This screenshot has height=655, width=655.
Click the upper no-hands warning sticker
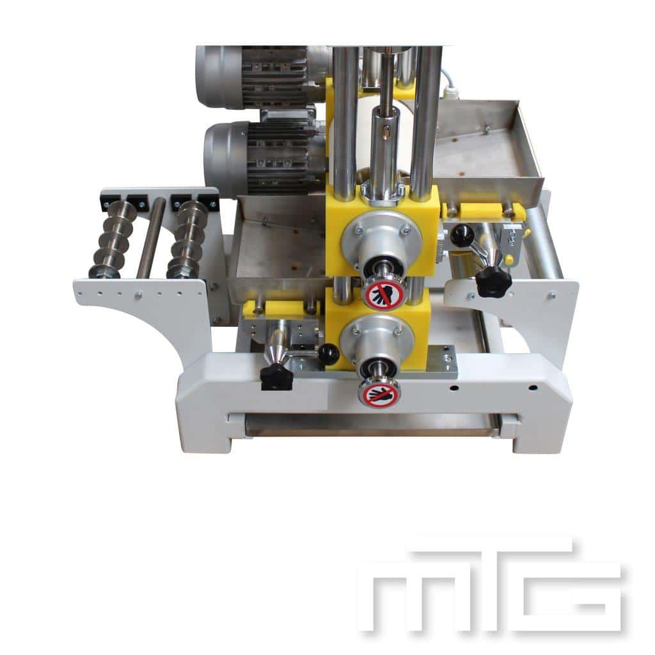(383, 294)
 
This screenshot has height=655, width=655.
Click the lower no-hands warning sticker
(379, 393)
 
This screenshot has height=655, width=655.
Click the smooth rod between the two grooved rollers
(151, 237)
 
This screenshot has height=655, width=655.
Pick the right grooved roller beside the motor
(187, 239)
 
